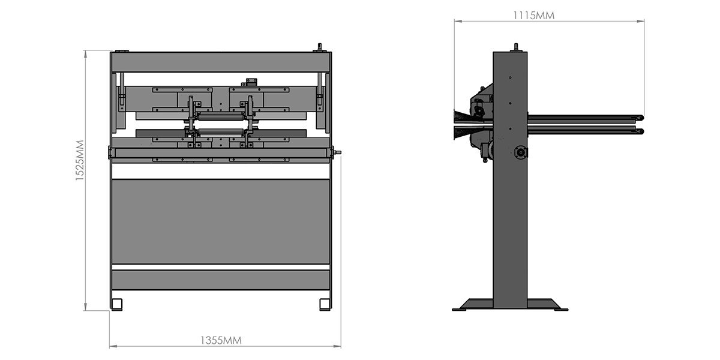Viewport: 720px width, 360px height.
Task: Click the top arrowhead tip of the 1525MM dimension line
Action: pyautogui.click(x=85, y=50)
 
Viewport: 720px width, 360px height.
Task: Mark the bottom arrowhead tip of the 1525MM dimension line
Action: pyautogui.click(x=85, y=311)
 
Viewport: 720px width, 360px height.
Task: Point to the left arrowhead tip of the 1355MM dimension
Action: pyautogui.click(x=110, y=346)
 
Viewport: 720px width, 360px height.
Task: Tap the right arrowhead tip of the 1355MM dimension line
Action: pyautogui.click(x=341, y=346)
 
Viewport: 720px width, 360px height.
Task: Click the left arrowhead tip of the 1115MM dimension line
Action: pyautogui.click(x=455, y=21)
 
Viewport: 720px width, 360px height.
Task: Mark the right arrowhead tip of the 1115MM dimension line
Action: pyautogui.click(x=644, y=21)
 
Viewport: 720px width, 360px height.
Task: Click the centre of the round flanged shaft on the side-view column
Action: pyautogui.click(x=520, y=152)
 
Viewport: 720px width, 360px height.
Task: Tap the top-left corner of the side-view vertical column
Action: pyautogui.click(x=493, y=52)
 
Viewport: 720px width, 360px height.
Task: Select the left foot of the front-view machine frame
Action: pyautogui.click(x=116, y=304)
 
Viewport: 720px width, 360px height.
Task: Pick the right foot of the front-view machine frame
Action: pyautogui.click(x=325, y=304)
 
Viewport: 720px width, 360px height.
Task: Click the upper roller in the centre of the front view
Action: pyautogui.click(x=221, y=116)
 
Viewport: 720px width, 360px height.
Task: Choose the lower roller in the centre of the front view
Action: pyautogui.click(x=221, y=133)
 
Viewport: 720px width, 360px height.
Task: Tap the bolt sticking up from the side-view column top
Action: pyautogui.click(x=516, y=47)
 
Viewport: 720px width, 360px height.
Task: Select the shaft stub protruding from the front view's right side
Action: pyautogui.click(x=337, y=152)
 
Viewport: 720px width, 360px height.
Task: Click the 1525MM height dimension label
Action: pyautogui.click(x=79, y=160)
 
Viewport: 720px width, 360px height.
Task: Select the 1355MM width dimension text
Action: pyautogui.click(x=221, y=340)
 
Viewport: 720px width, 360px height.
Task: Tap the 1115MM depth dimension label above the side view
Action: pyautogui.click(x=533, y=16)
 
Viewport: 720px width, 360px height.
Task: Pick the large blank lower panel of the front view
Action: pyautogui.click(x=221, y=222)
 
